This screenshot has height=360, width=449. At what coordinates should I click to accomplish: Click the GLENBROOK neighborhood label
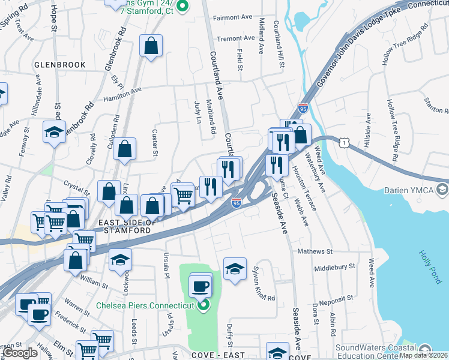tap(59, 64)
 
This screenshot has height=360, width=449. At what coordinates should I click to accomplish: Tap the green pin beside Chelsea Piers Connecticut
tap(203, 305)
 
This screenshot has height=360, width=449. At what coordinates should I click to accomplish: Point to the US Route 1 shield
tap(343, 142)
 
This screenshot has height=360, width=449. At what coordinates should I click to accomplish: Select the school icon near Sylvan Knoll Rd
tap(235, 269)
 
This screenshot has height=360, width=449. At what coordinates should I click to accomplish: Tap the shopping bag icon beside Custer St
tap(124, 151)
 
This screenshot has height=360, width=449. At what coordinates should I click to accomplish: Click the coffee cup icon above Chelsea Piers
tap(200, 286)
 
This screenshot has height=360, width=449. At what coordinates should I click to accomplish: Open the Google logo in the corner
tap(20, 353)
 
